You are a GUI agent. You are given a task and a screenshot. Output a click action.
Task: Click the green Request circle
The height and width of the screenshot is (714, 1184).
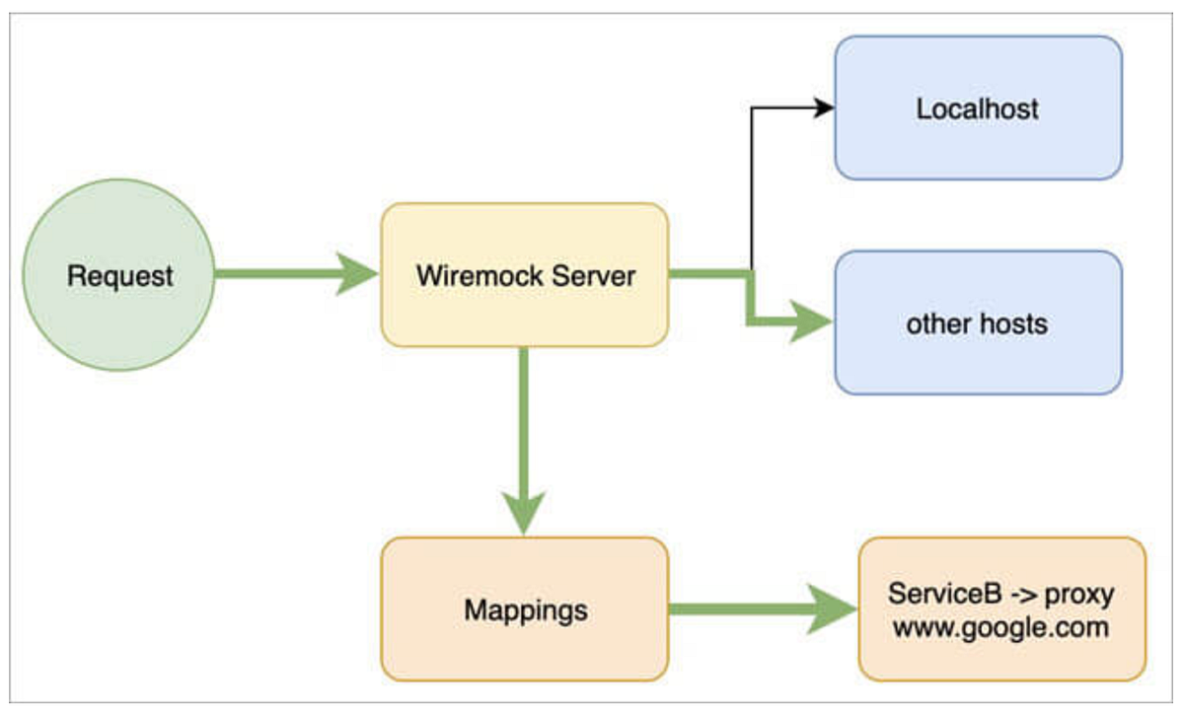coord(119,275)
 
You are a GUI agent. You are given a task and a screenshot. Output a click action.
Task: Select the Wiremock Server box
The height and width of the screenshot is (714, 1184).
coord(525,275)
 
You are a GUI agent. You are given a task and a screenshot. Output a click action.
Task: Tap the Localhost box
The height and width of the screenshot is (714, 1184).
coord(979,108)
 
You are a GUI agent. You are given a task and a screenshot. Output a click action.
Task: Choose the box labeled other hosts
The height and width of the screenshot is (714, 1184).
coord(979,322)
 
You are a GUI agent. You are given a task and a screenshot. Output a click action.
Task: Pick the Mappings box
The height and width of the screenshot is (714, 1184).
coord(525,609)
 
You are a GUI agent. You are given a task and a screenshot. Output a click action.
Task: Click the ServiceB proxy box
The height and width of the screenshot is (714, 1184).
coord(1002,609)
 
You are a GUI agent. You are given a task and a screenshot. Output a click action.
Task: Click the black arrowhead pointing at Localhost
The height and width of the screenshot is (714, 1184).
coord(824,107)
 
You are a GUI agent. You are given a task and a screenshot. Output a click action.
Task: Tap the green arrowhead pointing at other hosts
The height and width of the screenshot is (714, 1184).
coord(811,321)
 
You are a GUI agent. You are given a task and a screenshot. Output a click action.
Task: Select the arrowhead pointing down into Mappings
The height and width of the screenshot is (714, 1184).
coord(523,514)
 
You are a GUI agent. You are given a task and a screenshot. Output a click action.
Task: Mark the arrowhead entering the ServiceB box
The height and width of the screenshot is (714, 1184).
coord(833,609)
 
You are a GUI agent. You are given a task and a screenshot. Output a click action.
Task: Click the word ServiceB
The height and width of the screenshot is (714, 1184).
coord(944,594)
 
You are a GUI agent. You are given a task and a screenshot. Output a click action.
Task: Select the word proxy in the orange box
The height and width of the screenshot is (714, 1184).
coord(1079,596)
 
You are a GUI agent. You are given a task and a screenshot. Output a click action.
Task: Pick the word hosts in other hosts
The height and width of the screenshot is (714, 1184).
coord(1013,323)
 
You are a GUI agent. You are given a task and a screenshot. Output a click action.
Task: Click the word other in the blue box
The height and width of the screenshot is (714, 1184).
coord(938,323)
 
